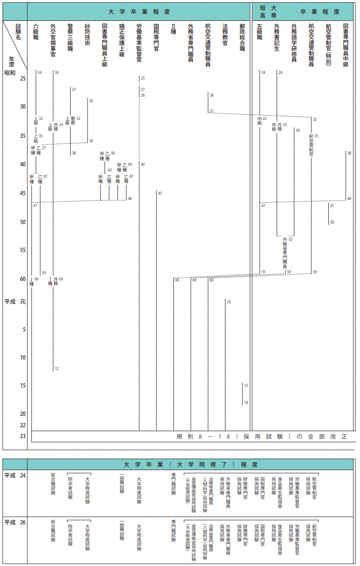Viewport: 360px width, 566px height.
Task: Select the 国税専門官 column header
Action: point(156,37)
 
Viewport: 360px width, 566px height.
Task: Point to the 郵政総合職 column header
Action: point(242,37)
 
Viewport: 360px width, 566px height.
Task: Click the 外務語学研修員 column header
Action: point(294,43)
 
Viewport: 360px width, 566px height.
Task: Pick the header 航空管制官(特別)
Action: point(328,43)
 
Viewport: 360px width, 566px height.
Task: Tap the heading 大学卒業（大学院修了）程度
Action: point(190,464)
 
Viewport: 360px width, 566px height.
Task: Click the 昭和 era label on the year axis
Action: point(10,73)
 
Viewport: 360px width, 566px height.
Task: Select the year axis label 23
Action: point(23,436)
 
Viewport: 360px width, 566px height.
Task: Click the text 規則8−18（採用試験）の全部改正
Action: point(261,436)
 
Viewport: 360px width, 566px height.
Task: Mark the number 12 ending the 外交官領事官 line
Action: point(57,368)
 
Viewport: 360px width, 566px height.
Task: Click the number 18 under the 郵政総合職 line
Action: point(246,403)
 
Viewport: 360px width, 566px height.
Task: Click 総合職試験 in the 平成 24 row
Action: point(53,485)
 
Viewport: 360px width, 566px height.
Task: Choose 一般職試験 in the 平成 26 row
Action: point(122,531)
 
